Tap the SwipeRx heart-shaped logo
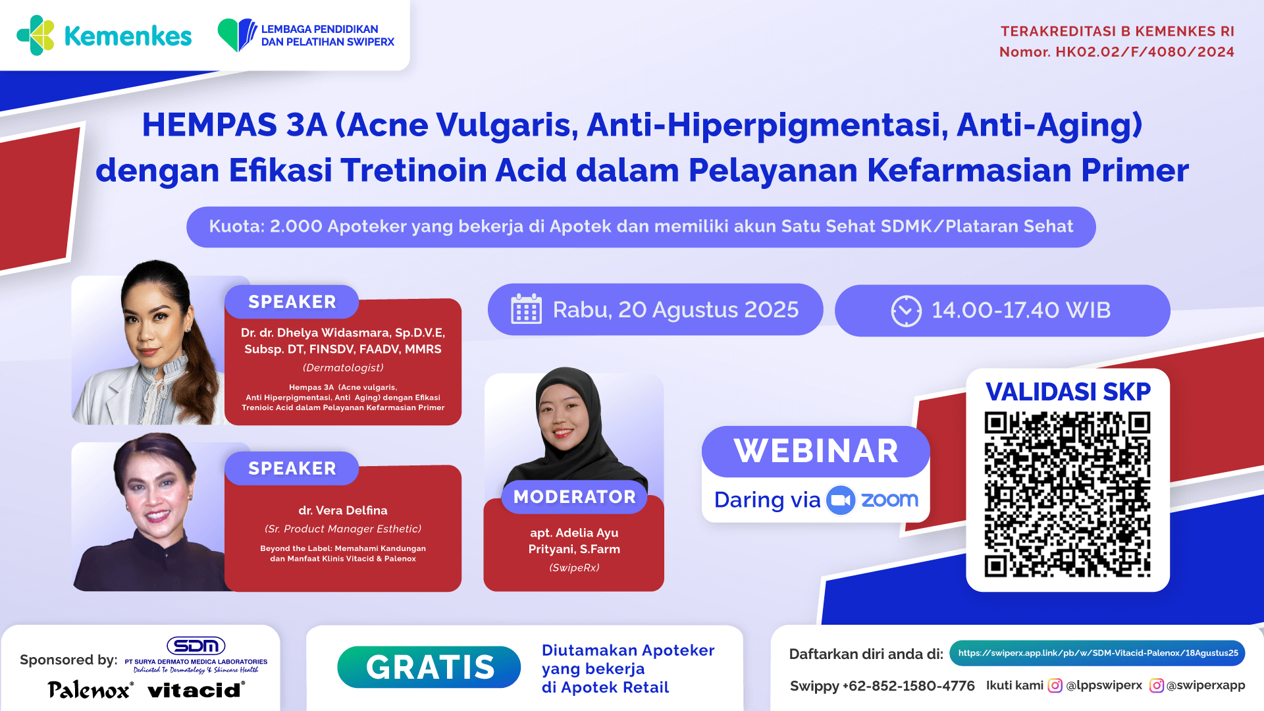(x=237, y=35)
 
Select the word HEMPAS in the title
(x=210, y=125)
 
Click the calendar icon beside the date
(x=526, y=309)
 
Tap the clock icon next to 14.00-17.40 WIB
(x=906, y=311)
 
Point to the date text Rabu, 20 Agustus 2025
(x=675, y=309)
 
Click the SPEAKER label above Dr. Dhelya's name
(x=292, y=302)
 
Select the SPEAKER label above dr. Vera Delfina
(x=292, y=468)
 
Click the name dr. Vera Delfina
(x=342, y=510)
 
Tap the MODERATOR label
(x=574, y=496)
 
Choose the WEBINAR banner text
(x=816, y=452)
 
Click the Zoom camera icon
(x=840, y=500)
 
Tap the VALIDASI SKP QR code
(x=1067, y=494)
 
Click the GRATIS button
(x=429, y=667)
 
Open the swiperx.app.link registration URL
(x=1097, y=653)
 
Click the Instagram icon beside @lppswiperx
(x=1055, y=685)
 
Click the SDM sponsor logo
(x=196, y=645)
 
